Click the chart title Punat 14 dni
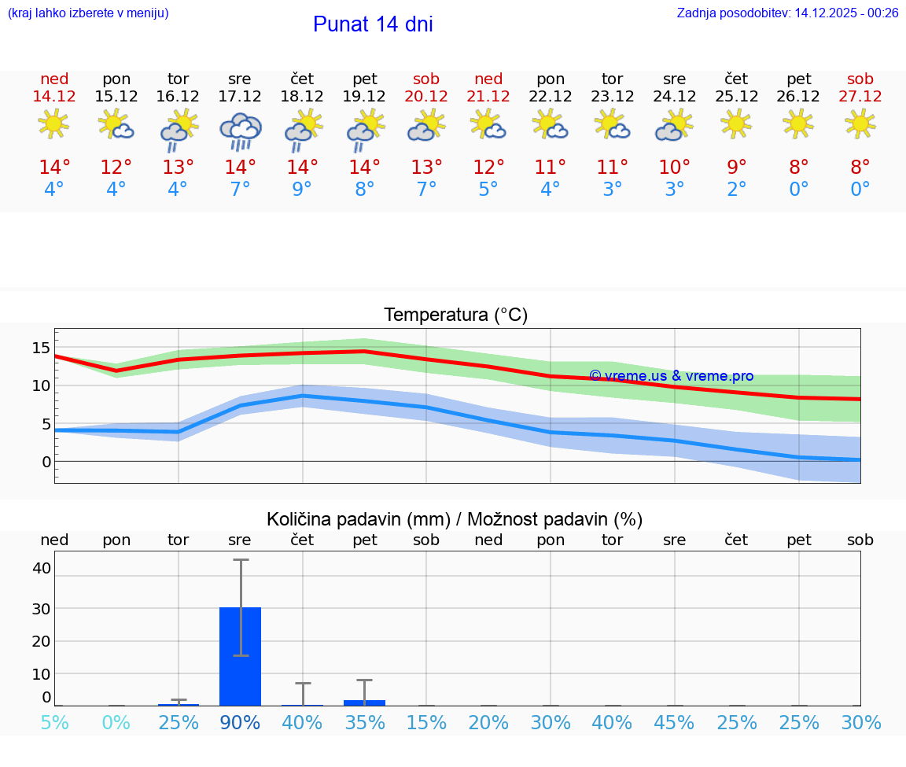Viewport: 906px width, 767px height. point(373,24)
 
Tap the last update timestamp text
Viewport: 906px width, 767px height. point(787,13)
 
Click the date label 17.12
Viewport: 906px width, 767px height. point(240,96)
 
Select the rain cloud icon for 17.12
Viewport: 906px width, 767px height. point(240,131)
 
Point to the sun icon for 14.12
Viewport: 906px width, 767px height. point(53,124)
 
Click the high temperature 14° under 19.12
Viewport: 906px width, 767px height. point(364,167)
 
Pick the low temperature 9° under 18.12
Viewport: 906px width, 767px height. point(302,190)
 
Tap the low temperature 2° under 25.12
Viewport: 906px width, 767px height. point(736,190)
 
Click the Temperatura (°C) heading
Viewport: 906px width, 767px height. point(455,315)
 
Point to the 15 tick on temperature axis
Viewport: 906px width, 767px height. point(41,348)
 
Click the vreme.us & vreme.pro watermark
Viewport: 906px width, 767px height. point(671,376)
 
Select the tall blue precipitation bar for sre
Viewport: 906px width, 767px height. point(240,656)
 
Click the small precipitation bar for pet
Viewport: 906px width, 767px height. point(364,702)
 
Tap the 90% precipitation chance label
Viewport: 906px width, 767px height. point(240,722)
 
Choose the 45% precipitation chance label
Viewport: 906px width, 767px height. point(674,722)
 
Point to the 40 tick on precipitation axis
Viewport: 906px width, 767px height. point(41,568)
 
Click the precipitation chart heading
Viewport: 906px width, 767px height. point(455,519)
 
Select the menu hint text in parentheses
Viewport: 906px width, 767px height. point(88,13)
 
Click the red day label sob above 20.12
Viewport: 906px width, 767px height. point(426,79)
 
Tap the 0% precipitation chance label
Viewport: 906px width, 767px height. point(116,722)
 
